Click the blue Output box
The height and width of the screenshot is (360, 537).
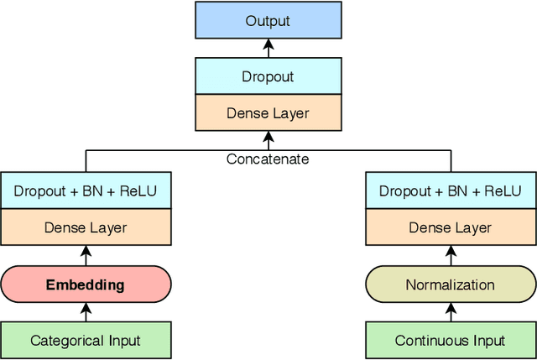[268, 20]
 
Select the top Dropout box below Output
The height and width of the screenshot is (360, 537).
[268, 76]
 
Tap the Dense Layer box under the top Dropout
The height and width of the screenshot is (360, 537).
[268, 113]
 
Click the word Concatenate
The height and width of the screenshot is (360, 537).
[268, 159]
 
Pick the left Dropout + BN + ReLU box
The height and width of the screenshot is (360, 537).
[86, 190]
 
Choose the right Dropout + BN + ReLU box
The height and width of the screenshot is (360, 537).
[450, 190]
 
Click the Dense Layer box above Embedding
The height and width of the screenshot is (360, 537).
[86, 227]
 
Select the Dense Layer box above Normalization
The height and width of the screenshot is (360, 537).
[450, 227]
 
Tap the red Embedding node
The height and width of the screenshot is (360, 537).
[86, 284]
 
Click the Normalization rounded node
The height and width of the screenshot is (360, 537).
[450, 284]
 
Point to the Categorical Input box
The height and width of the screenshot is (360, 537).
[86, 340]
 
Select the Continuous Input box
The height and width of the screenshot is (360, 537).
[450, 340]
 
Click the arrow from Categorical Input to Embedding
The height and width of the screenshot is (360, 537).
[86, 312]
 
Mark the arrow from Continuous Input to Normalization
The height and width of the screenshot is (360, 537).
[450, 312]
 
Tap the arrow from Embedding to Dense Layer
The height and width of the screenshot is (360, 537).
[86, 256]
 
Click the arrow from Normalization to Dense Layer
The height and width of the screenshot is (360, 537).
[450, 256]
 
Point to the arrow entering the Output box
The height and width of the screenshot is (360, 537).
[268, 48]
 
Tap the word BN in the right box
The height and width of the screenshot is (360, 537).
[456, 190]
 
